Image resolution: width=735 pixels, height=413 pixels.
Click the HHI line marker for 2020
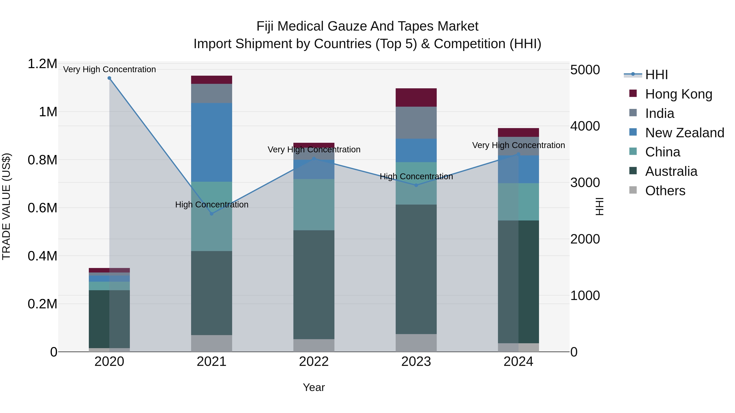click(109, 78)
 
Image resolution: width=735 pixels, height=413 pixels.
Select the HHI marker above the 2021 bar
click(212, 214)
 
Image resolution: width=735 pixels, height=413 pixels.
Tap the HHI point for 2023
click(416, 185)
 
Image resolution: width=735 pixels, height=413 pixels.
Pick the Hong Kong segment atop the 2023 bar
click(416, 97)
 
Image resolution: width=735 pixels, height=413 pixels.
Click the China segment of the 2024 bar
click(518, 202)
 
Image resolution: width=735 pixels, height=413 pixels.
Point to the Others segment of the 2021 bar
click(212, 343)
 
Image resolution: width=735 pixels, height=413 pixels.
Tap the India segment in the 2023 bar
click(416, 123)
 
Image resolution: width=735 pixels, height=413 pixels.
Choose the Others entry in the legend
click(665, 191)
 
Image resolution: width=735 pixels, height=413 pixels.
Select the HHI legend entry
click(656, 75)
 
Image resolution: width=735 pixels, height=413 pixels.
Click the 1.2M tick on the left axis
click(42, 64)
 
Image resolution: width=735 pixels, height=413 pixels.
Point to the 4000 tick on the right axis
click(585, 126)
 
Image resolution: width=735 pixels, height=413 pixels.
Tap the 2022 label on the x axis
click(314, 362)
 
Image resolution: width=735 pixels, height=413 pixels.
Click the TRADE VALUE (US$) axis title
click(7, 206)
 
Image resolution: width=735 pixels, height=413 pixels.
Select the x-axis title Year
click(314, 387)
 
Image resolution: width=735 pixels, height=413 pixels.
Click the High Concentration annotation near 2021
click(212, 204)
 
